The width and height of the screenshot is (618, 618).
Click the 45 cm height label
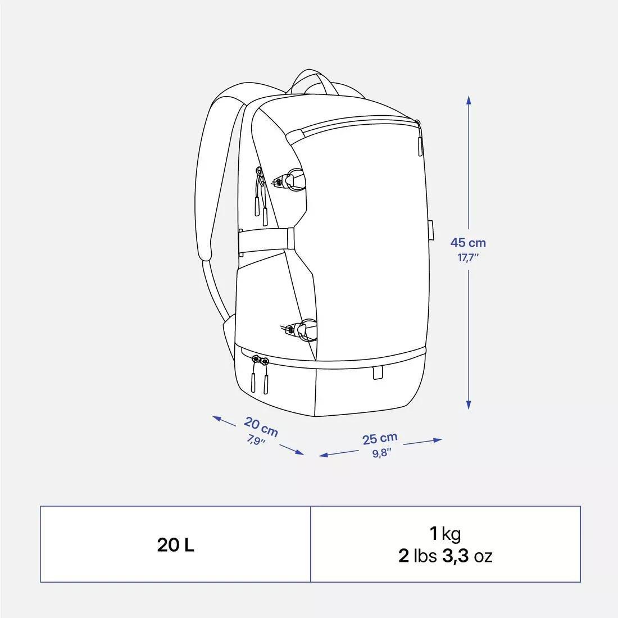pos(467,243)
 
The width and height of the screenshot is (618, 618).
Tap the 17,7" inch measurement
pos(467,258)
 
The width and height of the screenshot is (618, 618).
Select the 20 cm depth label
pos(261,427)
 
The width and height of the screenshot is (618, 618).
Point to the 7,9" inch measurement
pos(256,439)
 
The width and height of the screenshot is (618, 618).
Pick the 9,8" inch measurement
pos(382,453)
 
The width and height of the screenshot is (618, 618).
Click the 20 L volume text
pos(175,545)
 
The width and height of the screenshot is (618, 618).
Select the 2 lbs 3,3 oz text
pos(446,556)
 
